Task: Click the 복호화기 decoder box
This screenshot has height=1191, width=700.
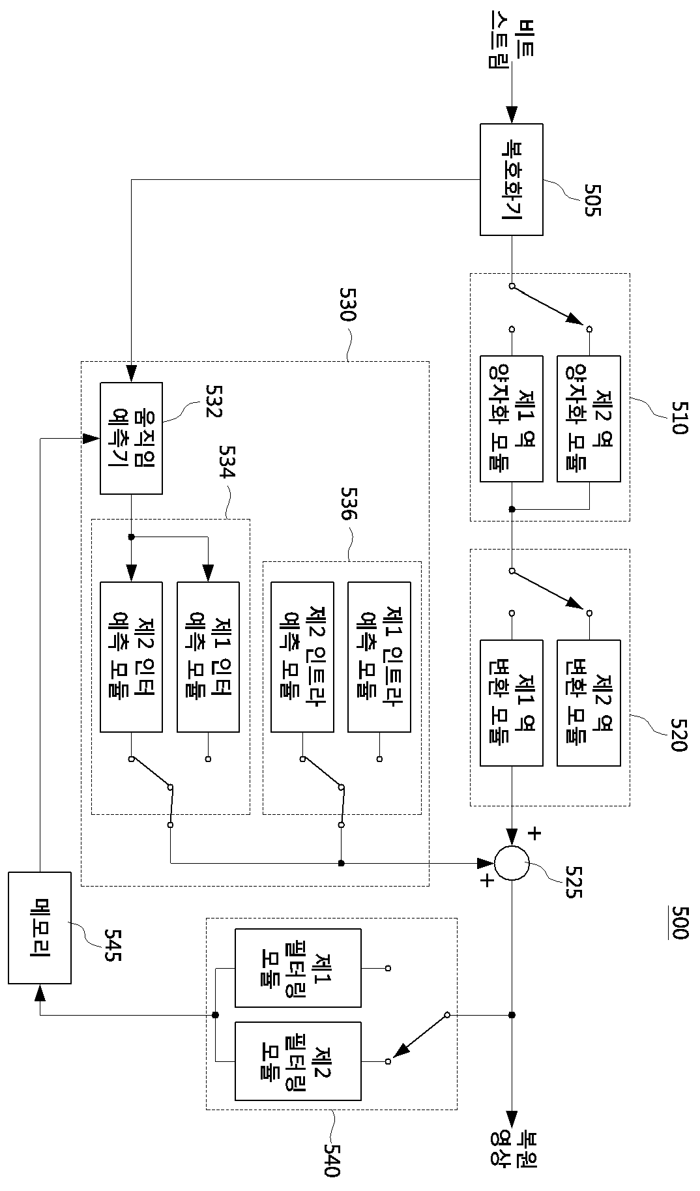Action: click(x=512, y=179)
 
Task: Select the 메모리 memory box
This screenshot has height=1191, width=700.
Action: click(x=40, y=928)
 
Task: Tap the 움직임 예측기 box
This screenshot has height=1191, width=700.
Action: click(x=131, y=438)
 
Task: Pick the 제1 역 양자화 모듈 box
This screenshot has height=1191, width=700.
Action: click(x=512, y=419)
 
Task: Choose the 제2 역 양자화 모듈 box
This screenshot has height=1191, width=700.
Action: click(x=589, y=419)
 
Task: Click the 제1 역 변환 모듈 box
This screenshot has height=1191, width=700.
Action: click(x=512, y=703)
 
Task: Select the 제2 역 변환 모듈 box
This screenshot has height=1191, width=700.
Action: click(x=589, y=703)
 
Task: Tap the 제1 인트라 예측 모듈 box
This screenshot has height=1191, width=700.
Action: click(x=379, y=656)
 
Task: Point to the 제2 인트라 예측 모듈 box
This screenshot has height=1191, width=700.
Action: click(x=302, y=656)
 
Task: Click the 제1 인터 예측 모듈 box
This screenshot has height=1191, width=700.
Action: click(x=208, y=656)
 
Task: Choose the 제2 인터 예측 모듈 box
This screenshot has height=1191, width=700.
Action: click(x=131, y=656)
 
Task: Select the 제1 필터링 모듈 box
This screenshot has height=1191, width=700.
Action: click(x=298, y=968)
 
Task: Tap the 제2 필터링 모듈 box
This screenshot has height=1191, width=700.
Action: click(x=298, y=1061)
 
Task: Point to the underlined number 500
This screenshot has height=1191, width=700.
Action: click(x=678, y=922)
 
